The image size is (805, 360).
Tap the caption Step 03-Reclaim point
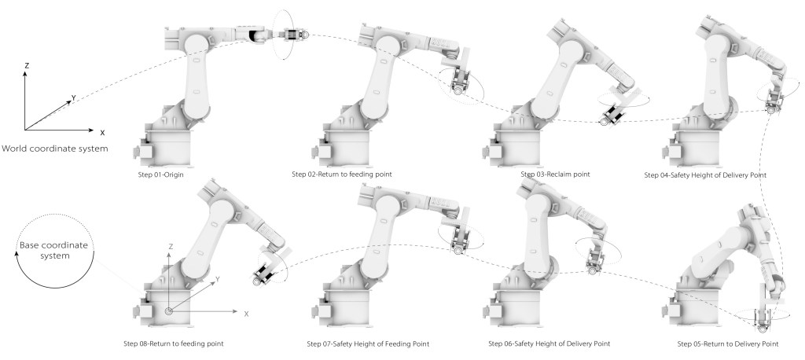[554, 173]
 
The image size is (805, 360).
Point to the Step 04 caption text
[701, 174]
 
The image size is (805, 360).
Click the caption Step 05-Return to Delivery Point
[727, 343]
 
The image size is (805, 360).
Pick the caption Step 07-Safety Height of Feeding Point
[368, 343]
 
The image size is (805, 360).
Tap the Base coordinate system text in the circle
[52, 252]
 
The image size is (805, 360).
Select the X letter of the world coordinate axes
[102, 132]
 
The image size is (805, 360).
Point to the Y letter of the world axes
[73, 98]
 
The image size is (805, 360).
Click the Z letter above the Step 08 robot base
[171, 247]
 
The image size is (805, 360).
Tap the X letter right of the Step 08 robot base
[246, 314]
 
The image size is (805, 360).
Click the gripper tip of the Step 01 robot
[304, 34]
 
